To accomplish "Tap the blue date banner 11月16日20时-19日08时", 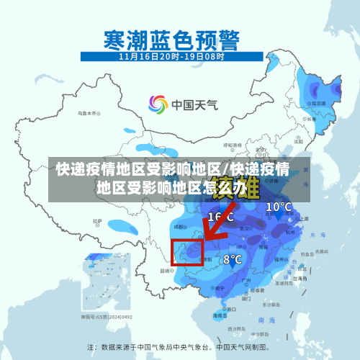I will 171,55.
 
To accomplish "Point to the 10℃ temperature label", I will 279,207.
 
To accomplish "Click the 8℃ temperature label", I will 232,259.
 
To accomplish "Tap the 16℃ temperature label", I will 220,216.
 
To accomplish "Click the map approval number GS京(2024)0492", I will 107,316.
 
